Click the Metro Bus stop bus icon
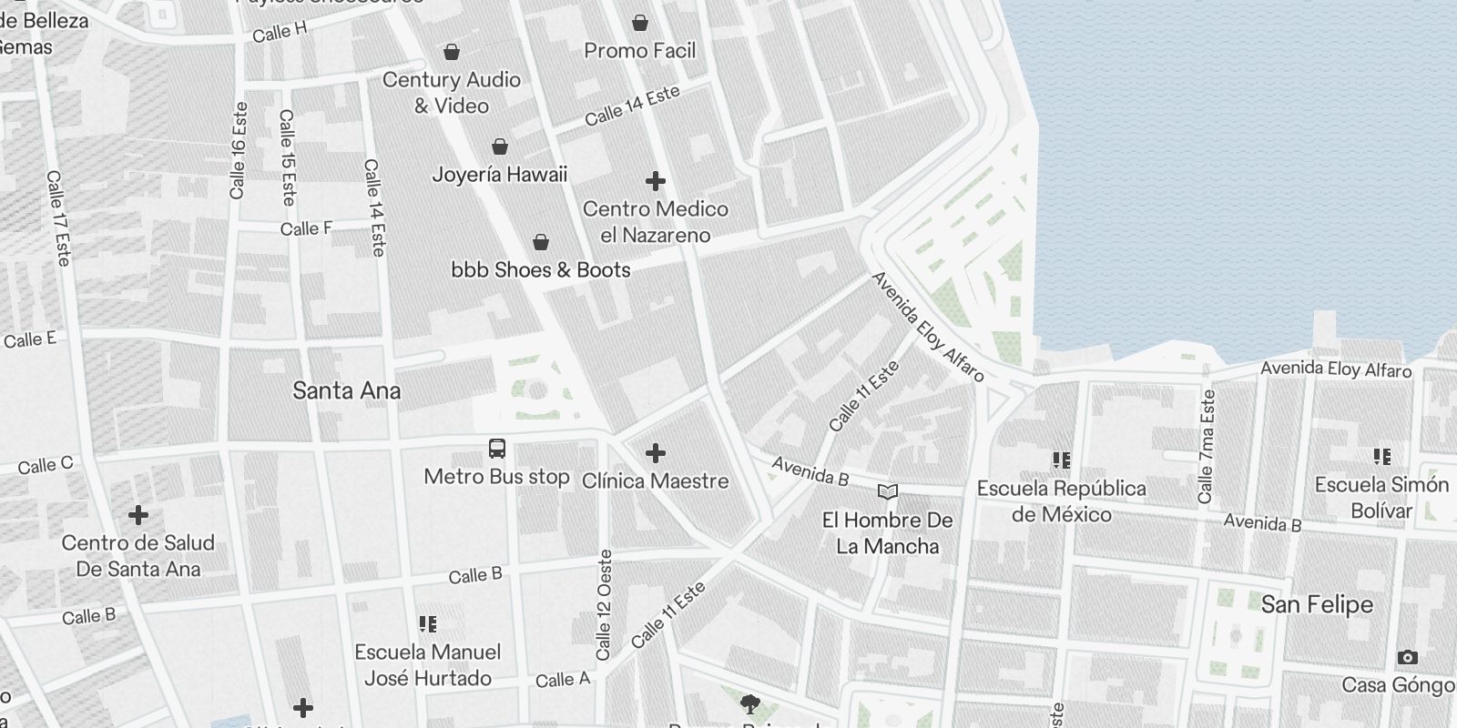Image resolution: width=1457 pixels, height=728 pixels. coord(497,449)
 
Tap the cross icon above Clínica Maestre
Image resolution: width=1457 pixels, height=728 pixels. coord(656,453)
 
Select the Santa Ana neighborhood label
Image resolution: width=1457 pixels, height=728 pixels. coord(346,391)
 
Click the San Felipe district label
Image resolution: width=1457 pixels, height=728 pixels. coord(1317,604)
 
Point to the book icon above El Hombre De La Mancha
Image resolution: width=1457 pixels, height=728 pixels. coord(888,492)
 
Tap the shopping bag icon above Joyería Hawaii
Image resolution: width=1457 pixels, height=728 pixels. coord(500,147)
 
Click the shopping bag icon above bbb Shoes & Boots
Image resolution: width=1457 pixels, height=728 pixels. coord(541,242)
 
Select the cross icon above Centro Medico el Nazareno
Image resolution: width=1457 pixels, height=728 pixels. coord(656,181)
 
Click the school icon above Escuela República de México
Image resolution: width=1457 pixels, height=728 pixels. coord(1062,460)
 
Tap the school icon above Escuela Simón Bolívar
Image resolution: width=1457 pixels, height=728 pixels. coord(1382,457)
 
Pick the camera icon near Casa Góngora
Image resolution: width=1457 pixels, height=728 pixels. coord(1407,657)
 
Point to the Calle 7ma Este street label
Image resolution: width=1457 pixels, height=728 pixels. coord(1207,447)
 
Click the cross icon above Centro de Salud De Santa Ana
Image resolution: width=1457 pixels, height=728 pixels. coord(138,516)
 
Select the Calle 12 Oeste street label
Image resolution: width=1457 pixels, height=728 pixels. coord(604,604)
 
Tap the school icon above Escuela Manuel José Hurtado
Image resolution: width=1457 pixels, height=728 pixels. coord(428,624)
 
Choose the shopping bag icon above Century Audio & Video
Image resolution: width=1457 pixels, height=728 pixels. coord(452,52)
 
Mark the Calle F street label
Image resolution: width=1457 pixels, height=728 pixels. coord(306,228)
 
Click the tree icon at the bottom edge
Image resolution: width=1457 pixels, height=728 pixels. coord(750,703)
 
